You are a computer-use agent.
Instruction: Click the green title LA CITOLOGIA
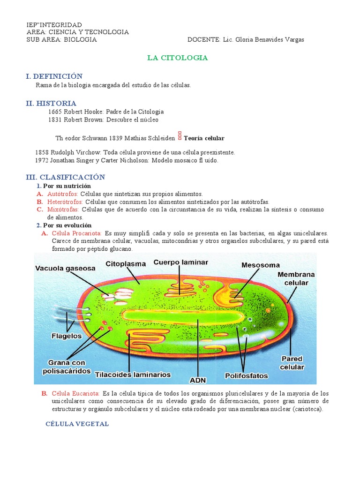pos(177,58)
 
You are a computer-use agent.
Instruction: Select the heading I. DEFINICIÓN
pos(54,76)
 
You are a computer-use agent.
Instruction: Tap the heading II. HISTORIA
pos(51,103)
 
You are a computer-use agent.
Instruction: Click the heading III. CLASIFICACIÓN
pos(66,177)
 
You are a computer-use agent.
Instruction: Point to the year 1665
pos(55,112)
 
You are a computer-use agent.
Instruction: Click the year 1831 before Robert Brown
pos(55,120)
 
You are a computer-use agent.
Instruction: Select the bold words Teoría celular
pos(204,138)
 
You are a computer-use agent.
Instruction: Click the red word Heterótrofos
pos(65,202)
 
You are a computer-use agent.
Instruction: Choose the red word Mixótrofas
pos(63,210)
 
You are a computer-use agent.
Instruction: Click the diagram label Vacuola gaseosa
pos(65,268)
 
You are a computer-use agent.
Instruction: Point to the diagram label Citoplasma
pos(126,263)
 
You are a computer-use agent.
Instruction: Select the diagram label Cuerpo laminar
pos(180,262)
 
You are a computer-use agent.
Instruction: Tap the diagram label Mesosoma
pos(260,265)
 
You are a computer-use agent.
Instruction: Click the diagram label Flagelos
pos(66,336)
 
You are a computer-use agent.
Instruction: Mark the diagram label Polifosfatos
pos(246,375)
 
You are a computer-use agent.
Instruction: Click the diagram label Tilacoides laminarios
pos(133,375)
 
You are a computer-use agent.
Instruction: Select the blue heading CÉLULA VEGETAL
pos(77,424)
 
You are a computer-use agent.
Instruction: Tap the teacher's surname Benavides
pos(267,40)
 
